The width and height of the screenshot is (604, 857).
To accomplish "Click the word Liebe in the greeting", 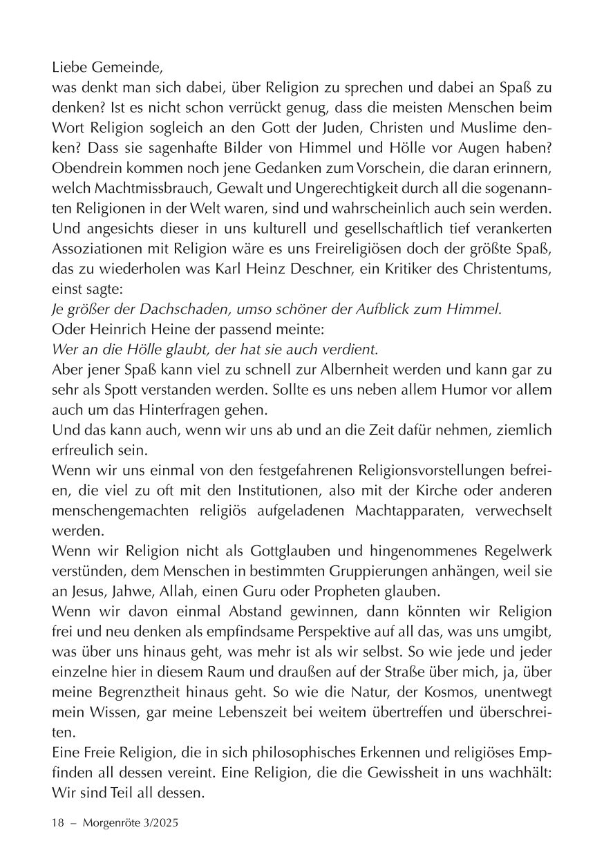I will (x=68, y=69).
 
